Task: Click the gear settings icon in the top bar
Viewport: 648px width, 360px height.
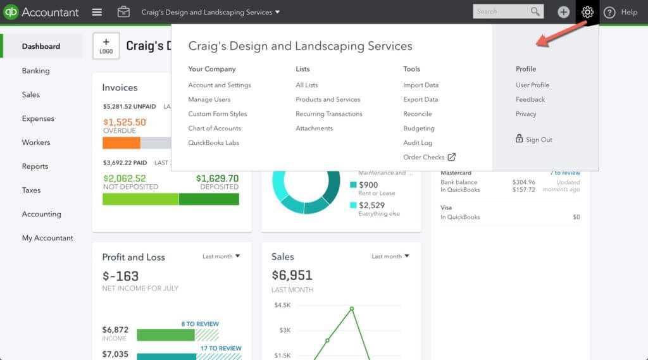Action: (587, 12)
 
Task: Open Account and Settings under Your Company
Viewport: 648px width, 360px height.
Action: (220, 85)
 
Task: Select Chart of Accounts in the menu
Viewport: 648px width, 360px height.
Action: (215, 128)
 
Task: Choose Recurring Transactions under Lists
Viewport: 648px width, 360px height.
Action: (329, 114)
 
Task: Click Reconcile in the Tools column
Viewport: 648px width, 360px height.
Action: (418, 114)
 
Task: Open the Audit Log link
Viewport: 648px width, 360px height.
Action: (418, 143)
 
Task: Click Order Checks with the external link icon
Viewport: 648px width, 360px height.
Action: (429, 157)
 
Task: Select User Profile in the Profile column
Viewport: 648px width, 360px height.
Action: (532, 85)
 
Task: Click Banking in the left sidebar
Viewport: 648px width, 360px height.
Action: (35, 71)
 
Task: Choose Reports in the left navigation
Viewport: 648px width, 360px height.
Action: (35, 166)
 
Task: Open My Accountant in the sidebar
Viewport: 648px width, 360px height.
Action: (47, 238)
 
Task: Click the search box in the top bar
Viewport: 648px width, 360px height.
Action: (501, 11)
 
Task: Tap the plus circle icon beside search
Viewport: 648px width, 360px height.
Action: (563, 12)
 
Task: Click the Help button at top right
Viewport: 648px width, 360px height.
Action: (620, 12)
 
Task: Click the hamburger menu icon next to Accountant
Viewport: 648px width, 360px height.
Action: (97, 12)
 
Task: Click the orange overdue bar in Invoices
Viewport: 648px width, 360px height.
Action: (121, 143)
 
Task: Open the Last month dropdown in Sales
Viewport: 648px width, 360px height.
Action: (390, 256)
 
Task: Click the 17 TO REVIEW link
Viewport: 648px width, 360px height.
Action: (220, 348)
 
